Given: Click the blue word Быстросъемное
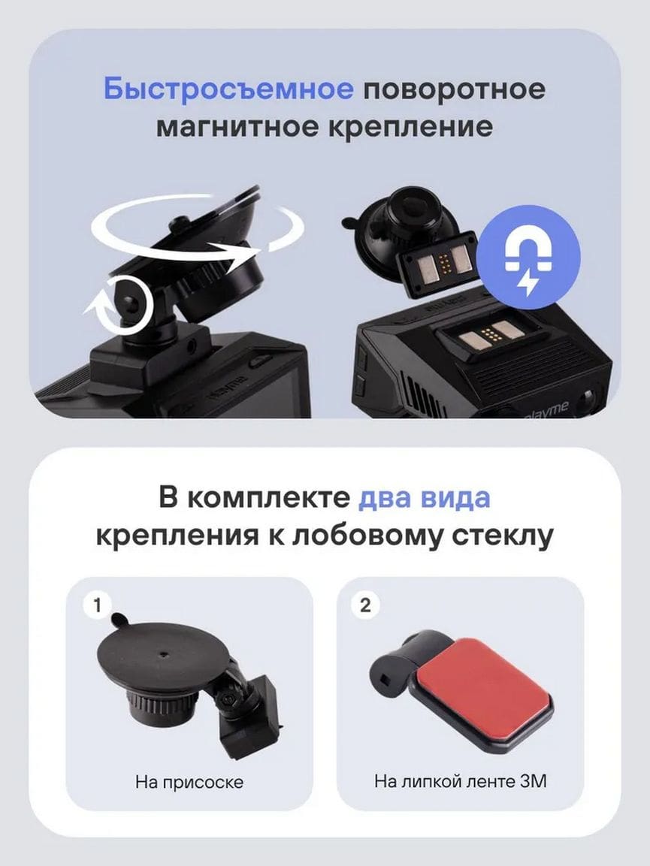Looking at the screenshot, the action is click(x=228, y=89).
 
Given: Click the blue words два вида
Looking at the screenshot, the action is click(x=425, y=497).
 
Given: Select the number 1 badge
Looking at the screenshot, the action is click(x=97, y=605).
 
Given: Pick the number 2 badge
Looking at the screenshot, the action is click(x=365, y=605).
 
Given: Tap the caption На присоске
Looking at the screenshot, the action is click(x=189, y=782).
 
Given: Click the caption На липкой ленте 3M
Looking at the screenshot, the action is click(x=461, y=781).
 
